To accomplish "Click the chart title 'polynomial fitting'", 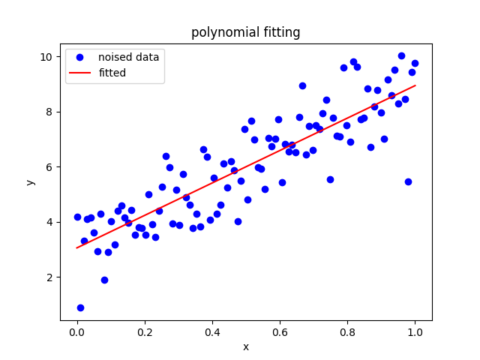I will tap(245, 32).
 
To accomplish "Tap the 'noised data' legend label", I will tap(128, 57).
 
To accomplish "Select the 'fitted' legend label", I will tap(112, 73).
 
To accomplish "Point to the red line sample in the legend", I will tap(80, 73).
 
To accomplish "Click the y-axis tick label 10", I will tap(46, 57).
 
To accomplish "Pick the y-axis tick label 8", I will tap(49, 112).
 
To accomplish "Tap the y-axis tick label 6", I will tap(49, 167).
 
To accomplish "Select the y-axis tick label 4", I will tap(49, 222).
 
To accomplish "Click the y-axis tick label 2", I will tap(49, 277).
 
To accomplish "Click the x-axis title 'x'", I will tap(245, 346).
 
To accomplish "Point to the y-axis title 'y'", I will tap(30, 182).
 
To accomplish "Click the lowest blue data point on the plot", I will tap(80, 307).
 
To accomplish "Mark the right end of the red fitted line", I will tap(415, 85).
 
